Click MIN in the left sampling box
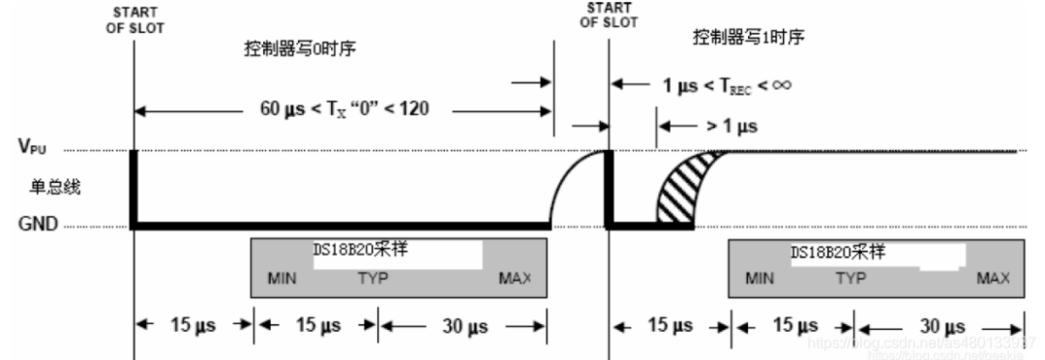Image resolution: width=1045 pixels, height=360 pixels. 283,279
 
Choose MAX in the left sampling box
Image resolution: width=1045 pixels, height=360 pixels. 515,279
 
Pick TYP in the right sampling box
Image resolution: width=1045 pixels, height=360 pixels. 851,279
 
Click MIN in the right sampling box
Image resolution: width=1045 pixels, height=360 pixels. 761,279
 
